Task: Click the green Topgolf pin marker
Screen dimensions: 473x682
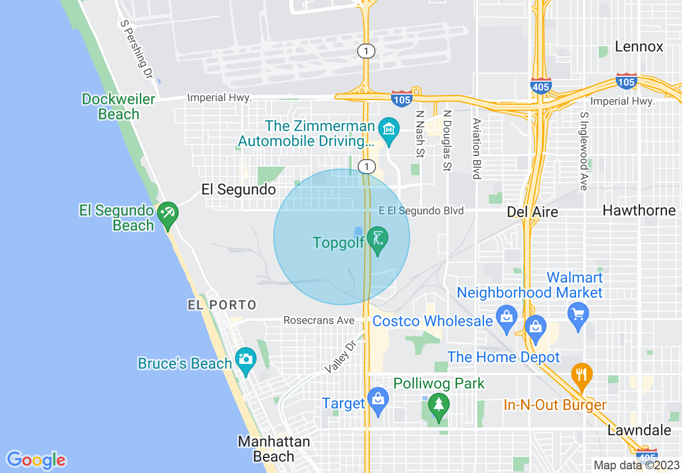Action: click(378, 240)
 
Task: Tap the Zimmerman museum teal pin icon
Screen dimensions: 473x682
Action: click(388, 131)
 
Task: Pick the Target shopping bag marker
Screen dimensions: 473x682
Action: click(378, 401)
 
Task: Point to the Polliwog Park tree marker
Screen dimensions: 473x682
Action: click(439, 406)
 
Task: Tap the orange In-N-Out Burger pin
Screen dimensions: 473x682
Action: click(582, 376)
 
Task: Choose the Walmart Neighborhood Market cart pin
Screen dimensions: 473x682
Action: click(578, 316)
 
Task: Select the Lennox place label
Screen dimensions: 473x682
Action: click(639, 47)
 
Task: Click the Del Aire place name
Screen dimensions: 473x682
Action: click(532, 212)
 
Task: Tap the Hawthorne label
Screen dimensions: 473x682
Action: click(639, 210)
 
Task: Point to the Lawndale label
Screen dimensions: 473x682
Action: click(639, 430)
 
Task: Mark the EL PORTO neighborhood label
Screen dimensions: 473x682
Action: click(222, 305)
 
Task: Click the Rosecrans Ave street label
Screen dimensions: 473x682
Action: click(319, 321)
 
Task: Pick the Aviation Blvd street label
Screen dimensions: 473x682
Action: click(476, 148)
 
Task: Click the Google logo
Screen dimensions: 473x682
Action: click(36, 460)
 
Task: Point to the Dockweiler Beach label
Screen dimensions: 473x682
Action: click(118, 106)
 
